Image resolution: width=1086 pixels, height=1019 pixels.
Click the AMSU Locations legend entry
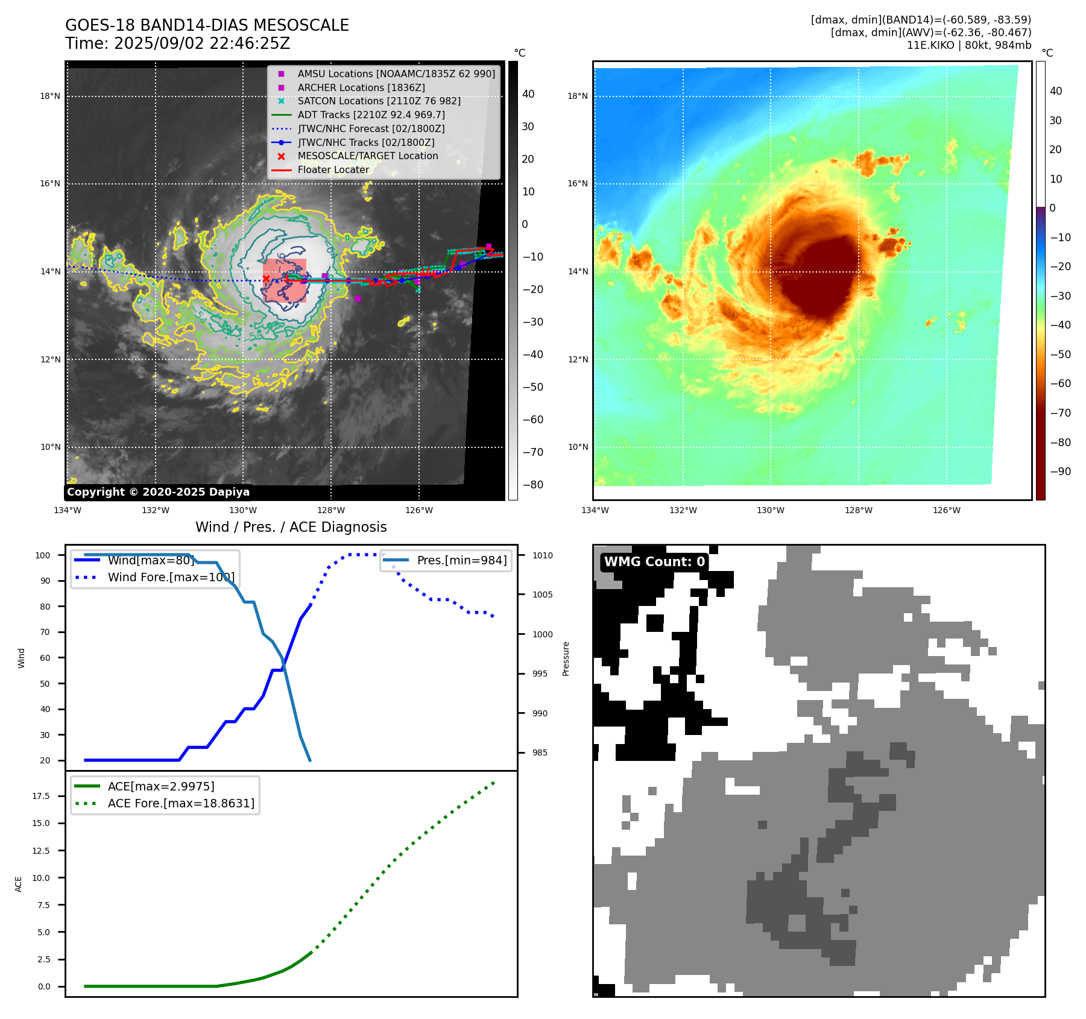(396, 74)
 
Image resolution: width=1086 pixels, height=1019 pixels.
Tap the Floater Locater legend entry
(333, 169)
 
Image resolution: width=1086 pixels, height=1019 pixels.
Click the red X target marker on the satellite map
(267, 279)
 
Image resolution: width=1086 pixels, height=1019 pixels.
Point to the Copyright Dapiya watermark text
(158, 492)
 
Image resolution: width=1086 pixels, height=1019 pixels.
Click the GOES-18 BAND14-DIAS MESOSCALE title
(207, 25)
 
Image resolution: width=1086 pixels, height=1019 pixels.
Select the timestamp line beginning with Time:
(178, 43)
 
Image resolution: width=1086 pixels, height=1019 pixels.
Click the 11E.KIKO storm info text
(968, 45)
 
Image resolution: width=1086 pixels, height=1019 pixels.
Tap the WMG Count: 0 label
(654, 562)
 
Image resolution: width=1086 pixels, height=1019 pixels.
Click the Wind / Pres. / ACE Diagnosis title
(291, 527)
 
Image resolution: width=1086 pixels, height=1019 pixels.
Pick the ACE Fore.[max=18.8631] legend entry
(181, 803)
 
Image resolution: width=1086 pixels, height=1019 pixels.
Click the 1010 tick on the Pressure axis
(542, 555)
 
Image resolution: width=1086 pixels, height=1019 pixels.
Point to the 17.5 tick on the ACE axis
(41, 796)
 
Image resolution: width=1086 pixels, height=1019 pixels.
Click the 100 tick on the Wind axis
(43, 555)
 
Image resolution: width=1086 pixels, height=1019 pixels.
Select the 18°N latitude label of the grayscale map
(50, 96)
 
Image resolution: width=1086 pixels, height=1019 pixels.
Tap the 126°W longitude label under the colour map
(946, 510)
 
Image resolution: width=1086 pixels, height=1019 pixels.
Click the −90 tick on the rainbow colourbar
(1060, 472)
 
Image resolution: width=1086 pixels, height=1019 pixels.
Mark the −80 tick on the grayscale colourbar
(532, 485)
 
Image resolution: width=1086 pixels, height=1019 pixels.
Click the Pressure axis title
(566, 658)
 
